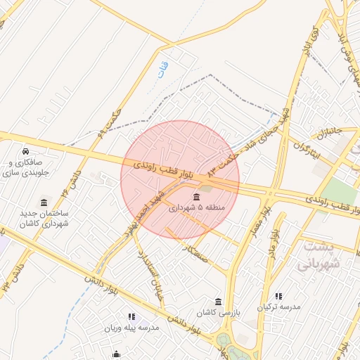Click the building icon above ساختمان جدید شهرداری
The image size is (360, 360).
pos(44,202)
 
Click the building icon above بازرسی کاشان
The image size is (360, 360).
pos(218,302)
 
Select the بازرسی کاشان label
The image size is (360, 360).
pos(218,312)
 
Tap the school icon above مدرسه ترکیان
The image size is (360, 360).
pos(278,297)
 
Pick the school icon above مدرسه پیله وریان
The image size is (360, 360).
pos(131,317)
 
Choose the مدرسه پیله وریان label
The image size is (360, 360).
pos(131,328)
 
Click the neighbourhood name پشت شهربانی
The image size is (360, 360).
pos(319,255)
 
